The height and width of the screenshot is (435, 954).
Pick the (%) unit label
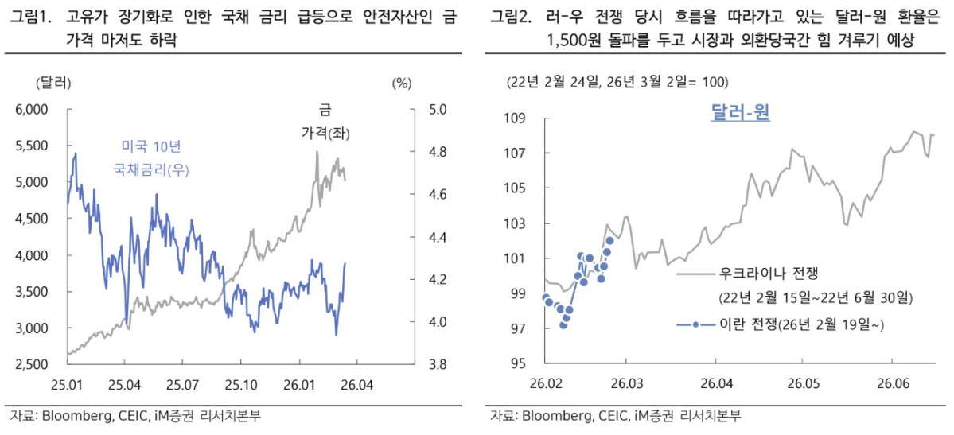click(401, 82)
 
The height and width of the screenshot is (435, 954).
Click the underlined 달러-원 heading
click(739, 113)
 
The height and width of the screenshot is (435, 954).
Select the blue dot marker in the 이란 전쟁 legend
click(696, 324)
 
